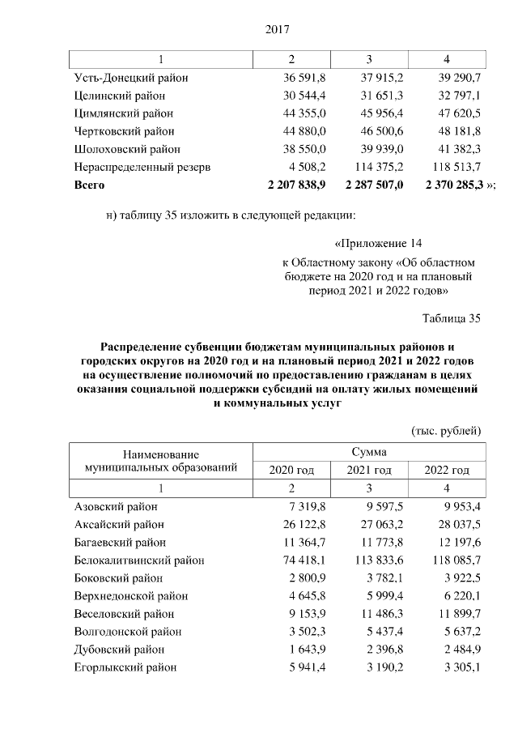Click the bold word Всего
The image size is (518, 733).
[x=89, y=185]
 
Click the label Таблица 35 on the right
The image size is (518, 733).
[x=452, y=317]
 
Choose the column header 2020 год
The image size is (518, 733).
[x=291, y=471]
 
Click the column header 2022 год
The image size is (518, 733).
[x=447, y=471]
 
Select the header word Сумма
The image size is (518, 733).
[x=369, y=452]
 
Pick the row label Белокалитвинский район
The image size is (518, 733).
[x=138, y=560]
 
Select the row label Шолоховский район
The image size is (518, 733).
[x=127, y=149]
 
